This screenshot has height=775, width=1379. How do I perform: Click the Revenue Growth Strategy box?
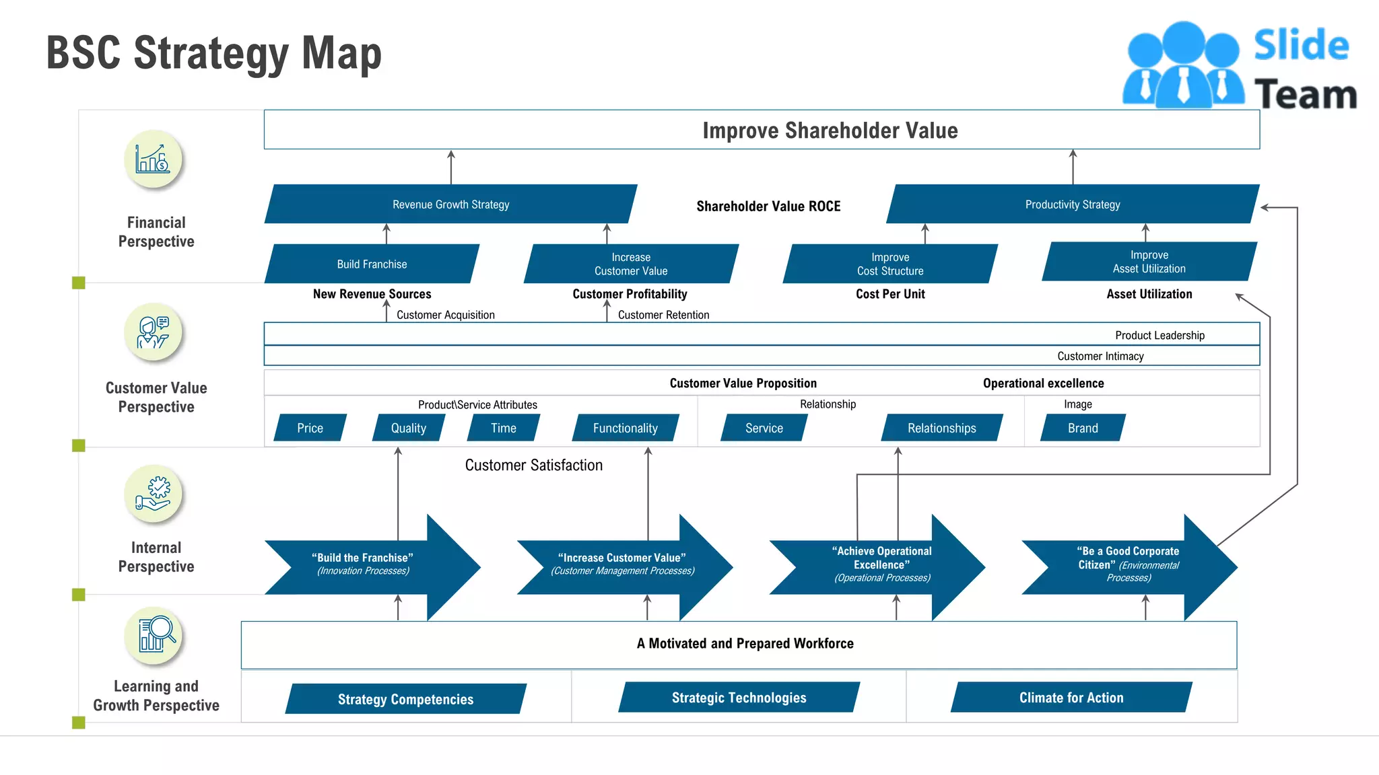point(450,204)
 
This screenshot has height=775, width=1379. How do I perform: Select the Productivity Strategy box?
point(1072,204)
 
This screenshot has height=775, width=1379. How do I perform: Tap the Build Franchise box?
point(372,264)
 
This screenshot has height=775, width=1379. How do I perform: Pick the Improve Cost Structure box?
point(889,264)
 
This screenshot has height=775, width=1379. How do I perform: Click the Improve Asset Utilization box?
point(1149,262)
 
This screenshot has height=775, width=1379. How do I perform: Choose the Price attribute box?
point(310,428)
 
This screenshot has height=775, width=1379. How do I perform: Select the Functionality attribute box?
point(625,428)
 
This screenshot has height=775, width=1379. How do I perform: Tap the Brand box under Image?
point(1082,428)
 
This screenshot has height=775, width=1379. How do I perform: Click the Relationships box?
point(941,428)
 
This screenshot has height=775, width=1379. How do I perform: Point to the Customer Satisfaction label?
point(533,465)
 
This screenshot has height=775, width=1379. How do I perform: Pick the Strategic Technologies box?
point(739,698)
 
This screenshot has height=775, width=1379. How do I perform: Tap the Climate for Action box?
point(1071,698)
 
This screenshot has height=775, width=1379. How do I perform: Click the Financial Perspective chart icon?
point(153,159)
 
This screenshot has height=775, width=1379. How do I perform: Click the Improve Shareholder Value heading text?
point(830,130)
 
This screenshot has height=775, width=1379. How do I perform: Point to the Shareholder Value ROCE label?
point(768,206)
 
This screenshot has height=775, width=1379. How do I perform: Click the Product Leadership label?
point(1159,335)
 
